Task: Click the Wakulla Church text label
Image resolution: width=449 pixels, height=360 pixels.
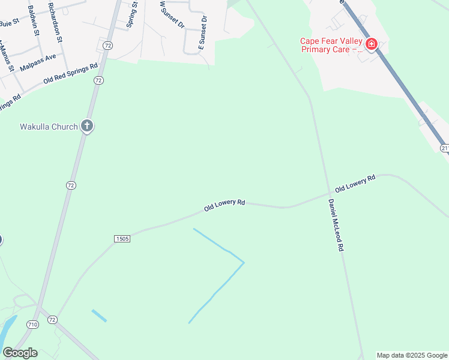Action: [x=49, y=127]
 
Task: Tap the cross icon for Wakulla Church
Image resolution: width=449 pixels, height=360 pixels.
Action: [x=87, y=127]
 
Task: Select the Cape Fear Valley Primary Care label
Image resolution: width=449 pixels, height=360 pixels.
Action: [x=331, y=45]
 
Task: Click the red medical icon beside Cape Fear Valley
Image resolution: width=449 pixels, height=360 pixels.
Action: [x=371, y=44]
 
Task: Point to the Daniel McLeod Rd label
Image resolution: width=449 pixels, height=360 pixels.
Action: [x=336, y=224]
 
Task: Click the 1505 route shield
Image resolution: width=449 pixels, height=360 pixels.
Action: [x=121, y=239]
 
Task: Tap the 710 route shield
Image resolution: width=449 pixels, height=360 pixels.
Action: [x=32, y=324]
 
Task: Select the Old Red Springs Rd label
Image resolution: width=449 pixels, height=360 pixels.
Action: [x=70, y=74]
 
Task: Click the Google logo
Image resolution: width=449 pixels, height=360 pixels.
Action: [x=20, y=353]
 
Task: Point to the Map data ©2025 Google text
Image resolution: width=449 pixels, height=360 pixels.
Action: [x=412, y=355]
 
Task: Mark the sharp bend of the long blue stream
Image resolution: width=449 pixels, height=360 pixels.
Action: [x=243, y=262]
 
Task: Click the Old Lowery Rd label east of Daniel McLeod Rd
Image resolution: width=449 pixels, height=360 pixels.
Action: [x=355, y=183]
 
